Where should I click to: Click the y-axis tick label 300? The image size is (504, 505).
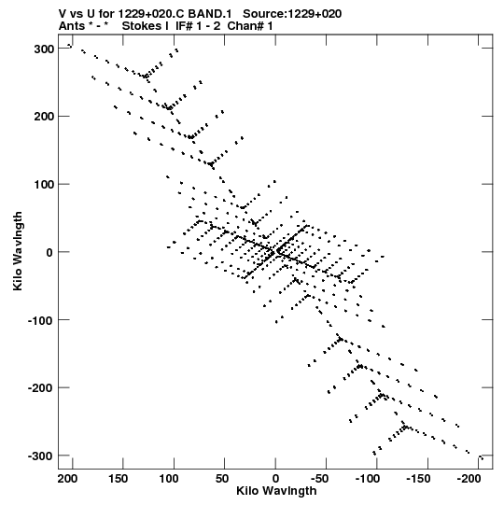[44, 49]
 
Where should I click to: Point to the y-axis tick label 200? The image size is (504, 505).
[44, 117]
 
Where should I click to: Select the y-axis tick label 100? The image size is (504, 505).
[44, 185]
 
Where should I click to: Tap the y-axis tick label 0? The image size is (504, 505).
[49, 253]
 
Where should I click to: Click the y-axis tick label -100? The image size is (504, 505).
[41, 321]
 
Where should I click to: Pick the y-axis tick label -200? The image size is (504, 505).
[41, 388]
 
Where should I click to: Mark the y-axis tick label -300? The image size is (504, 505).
[41, 456]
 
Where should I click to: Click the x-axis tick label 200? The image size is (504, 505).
[67, 479]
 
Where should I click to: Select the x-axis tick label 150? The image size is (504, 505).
[119, 479]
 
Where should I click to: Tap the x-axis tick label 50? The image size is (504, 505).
[222, 479]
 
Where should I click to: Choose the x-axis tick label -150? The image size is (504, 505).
[418, 479]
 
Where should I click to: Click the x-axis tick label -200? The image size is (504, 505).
[469, 479]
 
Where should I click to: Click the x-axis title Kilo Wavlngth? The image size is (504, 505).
[276, 491]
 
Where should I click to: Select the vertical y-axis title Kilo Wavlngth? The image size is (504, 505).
[18, 251]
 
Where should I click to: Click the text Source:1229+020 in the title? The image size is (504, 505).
[292, 14]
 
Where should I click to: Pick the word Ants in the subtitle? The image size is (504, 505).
[72, 26]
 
